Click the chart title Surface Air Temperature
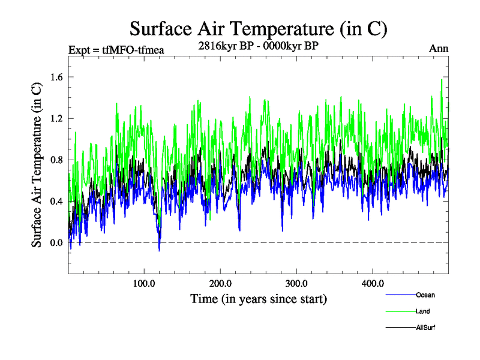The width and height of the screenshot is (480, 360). tap(259, 28)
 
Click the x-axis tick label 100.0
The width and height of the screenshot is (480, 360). tap(144, 283)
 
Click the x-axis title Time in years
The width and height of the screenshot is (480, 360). tap(259, 298)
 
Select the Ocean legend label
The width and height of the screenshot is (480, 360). tap(425, 295)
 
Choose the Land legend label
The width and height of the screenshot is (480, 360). tap(422, 311)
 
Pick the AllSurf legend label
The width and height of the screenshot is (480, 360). tap(425, 328)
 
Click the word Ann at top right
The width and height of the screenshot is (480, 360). tap(439, 49)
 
